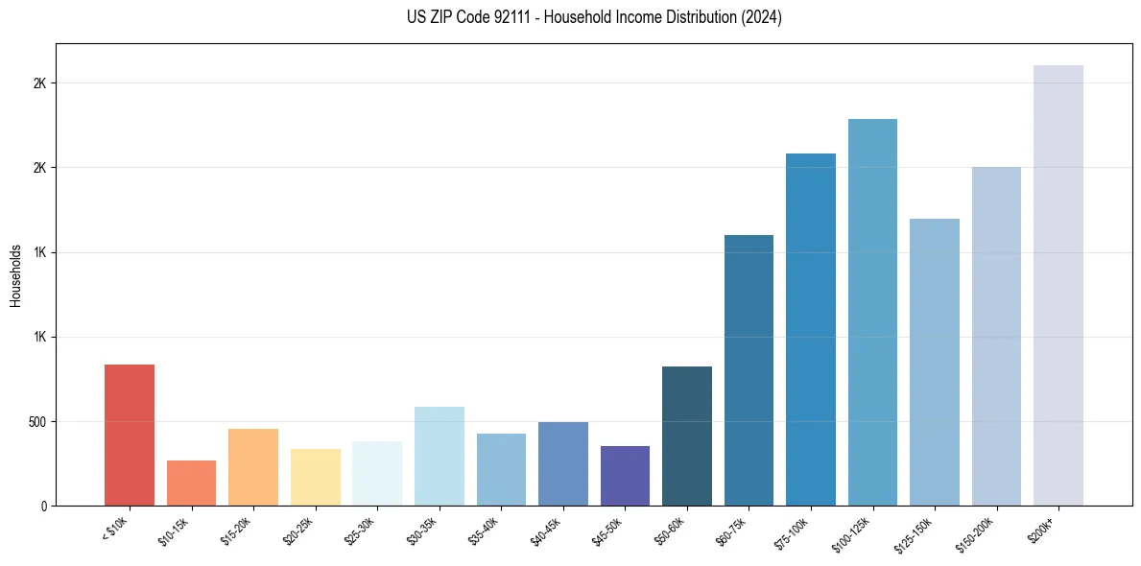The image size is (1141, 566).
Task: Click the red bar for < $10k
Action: (130, 435)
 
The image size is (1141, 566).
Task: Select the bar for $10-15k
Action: (191, 483)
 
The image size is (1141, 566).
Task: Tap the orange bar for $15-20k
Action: (253, 467)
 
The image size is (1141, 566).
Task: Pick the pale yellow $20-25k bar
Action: (316, 477)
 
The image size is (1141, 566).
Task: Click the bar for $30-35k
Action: (440, 456)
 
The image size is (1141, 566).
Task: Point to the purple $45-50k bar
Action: (625, 476)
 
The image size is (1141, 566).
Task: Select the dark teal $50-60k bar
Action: (687, 436)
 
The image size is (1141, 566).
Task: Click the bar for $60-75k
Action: (749, 370)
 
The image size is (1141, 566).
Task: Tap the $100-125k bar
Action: (872, 312)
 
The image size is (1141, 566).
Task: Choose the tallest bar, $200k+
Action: (1058, 285)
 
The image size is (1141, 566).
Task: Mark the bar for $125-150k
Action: (935, 362)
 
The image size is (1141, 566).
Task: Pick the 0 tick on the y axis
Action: (44, 506)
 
